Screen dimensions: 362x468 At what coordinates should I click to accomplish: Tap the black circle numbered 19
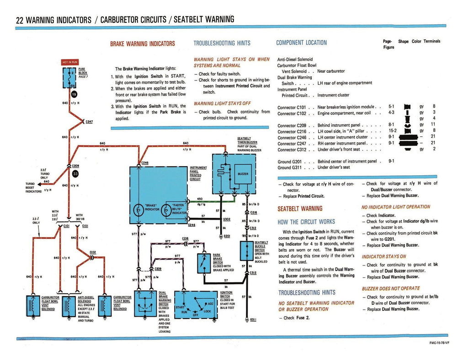[x=74, y=95]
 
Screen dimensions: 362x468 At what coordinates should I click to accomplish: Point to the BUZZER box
[x=243, y=174]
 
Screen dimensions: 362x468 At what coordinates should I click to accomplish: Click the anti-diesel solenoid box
[x=69, y=304]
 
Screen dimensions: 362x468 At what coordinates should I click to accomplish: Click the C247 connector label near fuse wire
[x=89, y=122]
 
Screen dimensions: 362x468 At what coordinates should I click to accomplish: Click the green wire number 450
[x=199, y=199]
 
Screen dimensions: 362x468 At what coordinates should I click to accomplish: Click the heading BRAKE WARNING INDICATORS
[x=142, y=43]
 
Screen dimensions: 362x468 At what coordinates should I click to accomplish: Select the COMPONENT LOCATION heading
[x=301, y=43]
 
